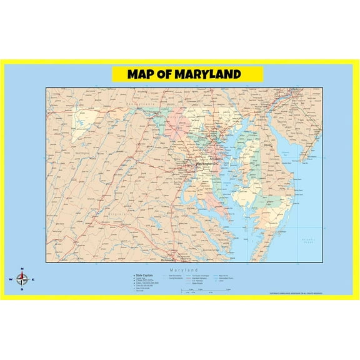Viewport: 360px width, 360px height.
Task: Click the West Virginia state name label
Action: click(81, 151)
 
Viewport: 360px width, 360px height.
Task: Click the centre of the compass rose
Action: click(22, 279)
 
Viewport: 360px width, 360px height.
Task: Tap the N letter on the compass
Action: click(22, 269)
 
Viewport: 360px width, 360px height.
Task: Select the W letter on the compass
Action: click(10, 280)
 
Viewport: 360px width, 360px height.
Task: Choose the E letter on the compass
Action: click(34, 280)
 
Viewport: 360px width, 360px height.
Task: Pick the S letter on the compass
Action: click(22, 290)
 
